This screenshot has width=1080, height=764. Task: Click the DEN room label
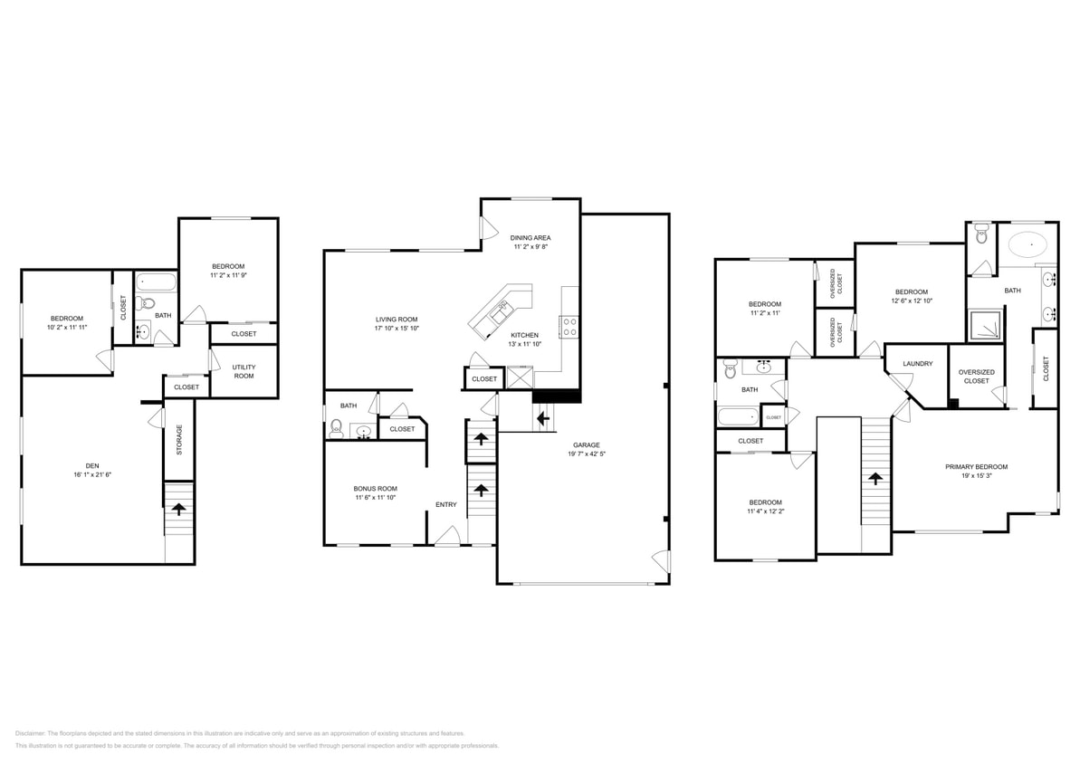(x=91, y=465)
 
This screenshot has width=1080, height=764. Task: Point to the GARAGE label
(x=586, y=445)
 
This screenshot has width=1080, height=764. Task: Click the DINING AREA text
(x=530, y=237)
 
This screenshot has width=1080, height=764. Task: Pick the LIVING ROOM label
(x=397, y=319)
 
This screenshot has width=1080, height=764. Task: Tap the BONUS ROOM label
(x=375, y=488)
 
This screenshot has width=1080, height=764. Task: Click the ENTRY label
(x=446, y=504)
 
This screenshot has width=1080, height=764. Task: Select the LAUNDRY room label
(x=917, y=364)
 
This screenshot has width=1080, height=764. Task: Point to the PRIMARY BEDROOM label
(x=976, y=467)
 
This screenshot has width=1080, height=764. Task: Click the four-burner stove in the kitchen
(x=569, y=327)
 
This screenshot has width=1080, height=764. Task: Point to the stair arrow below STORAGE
(x=178, y=509)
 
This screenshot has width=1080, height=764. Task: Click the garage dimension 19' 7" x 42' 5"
(x=586, y=454)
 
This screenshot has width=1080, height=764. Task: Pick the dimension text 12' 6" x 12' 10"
(x=911, y=301)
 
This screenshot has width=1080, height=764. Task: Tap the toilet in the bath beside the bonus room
(x=337, y=428)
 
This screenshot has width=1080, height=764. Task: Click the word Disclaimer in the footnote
(x=30, y=733)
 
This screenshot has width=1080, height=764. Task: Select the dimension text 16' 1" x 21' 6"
(x=91, y=474)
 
